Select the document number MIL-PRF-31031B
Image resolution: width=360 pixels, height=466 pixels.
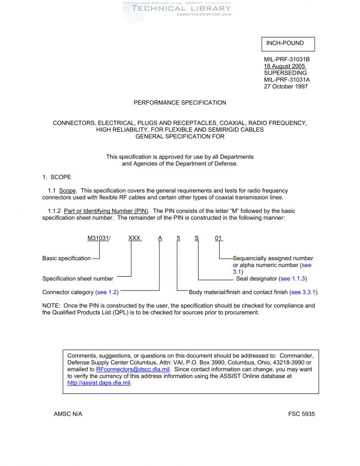[x=286, y=60]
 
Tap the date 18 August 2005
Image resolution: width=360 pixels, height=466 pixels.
[x=284, y=66]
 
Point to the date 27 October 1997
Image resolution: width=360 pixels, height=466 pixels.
[x=286, y=86]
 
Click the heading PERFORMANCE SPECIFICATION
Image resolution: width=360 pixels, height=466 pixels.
[x=179, y=103]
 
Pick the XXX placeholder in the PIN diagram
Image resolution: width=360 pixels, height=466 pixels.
[x=135, y=238]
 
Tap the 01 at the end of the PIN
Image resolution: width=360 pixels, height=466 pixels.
[x=219, y=238]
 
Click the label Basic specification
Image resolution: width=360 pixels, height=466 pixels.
[x=66, y=258]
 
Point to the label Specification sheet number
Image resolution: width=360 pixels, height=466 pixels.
[x=78, y=279]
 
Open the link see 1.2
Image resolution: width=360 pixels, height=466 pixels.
[x=107, y=292]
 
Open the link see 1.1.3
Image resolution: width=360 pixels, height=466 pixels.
[x=293, y=279]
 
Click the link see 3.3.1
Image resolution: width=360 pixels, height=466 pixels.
[x=303, y=292]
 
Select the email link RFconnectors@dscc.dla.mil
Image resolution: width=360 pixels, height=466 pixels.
[x=133, y=369]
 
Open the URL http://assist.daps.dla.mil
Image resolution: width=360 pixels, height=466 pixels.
[x=99, y=383]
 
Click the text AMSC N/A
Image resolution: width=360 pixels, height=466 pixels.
[x=68, y=414]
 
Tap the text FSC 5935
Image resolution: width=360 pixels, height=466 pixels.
[x=301, y=414]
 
